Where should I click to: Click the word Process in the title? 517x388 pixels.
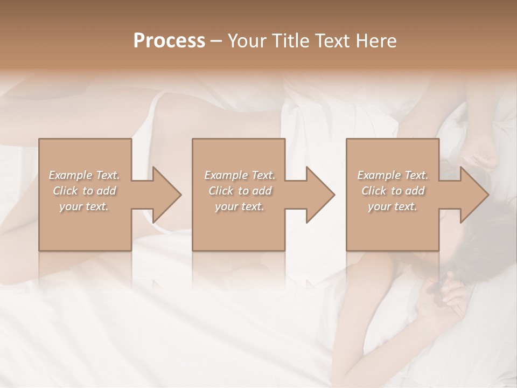coord(169,41)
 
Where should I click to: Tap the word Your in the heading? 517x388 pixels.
coord(249,41)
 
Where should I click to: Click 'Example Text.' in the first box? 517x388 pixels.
coord(85,175)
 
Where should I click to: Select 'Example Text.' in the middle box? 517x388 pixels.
coord(240,175)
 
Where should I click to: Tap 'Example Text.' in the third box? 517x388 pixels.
coord(393,175)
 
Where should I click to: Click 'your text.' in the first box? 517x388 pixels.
coord(84,206)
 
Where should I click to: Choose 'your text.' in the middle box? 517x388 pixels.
coord(240,206)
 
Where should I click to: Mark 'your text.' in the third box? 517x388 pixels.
coord(393,206)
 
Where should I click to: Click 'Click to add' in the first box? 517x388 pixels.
coord(85,191)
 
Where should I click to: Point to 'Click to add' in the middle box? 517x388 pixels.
coord(240,191)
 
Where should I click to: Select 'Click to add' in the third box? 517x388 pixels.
coord(393,191)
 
